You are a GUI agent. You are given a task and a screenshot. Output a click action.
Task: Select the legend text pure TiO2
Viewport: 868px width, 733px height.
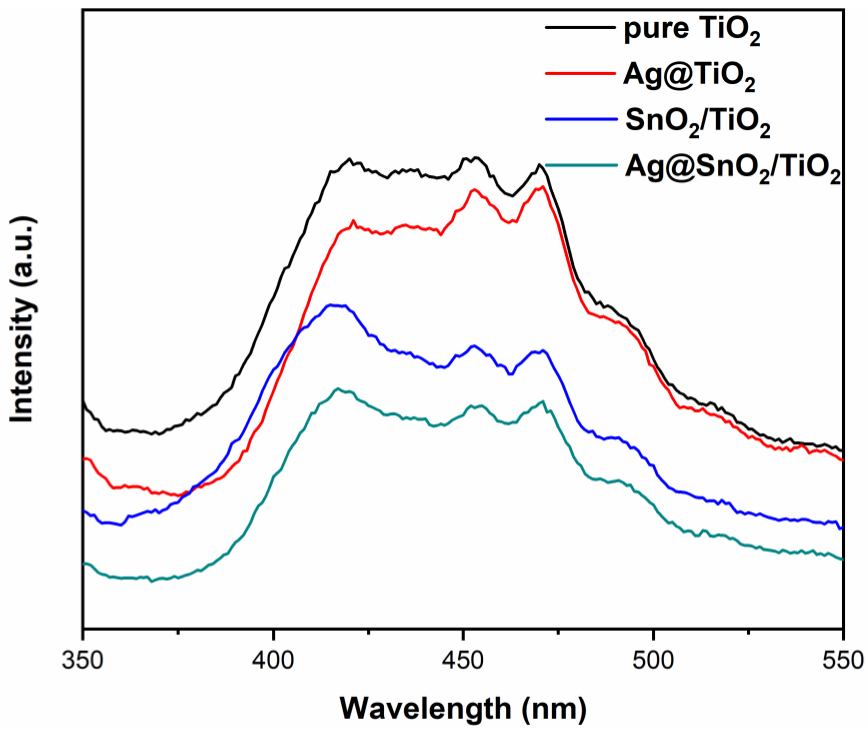(x=692, y=32)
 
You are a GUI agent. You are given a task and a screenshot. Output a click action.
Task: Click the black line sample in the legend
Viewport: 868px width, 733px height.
(x=580, y=28)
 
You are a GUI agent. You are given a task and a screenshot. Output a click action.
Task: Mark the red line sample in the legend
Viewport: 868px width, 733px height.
(x=580, y=73)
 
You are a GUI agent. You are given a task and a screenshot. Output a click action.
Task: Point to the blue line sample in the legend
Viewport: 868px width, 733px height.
(x=580, y=119)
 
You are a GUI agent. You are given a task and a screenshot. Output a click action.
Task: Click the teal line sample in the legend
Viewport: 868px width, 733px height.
(x=580, y=165)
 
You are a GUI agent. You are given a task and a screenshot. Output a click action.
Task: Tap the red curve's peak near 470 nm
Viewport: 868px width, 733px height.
(x=543, y=187)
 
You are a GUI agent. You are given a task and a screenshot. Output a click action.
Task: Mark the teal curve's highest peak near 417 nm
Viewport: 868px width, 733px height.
(x=338, y=388)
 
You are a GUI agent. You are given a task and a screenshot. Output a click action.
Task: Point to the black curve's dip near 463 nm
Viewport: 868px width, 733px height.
(x=512, y=196)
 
